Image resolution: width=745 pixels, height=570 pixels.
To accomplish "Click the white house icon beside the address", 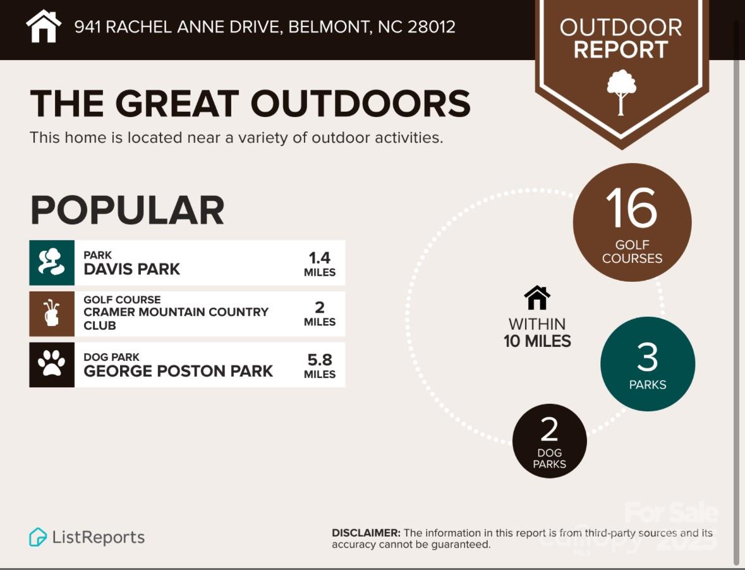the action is pyautogui.click(x=44, y=27).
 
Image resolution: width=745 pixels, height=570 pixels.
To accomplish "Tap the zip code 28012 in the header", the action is pyautogui.click(x=432, y=27).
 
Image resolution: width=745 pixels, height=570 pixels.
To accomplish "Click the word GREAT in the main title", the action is pyautogui.click(x=177, y=104).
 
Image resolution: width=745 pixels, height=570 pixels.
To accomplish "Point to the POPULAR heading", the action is pyautogui.click(x=128, y=210).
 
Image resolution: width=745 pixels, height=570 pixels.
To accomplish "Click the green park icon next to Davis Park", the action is pyautogui.click(x=52, y=263).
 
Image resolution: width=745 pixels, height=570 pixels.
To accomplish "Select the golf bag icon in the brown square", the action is pyautogui.click(x=52, y=314).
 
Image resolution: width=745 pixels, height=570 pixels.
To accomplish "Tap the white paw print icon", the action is pyautogui.click(x=52, y=365).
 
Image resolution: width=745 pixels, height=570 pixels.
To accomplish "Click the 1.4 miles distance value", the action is pyautogui.click(x=320, y=264).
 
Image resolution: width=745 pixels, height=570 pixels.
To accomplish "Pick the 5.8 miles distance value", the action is pyautogui.click(x=320, y=366).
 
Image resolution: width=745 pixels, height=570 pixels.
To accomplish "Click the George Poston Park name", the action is pyautogui.click(x=178, y=371).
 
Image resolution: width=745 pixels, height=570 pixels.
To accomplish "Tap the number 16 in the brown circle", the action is pyautogui.click(x=631, y=207).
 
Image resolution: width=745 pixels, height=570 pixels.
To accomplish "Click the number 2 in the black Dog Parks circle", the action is pyautogui.click(x=549, y=430).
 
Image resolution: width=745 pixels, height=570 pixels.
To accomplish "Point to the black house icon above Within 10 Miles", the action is pyautogui.click(x=537, y=298).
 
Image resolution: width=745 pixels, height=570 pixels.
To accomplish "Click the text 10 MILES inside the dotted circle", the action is pyautogui.click(x=537, y=341).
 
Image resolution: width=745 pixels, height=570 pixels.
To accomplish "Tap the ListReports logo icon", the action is pyautogui.click(x=37, y=537).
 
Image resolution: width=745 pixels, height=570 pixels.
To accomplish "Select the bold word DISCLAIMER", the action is pyautogui.click(x=366, y=533).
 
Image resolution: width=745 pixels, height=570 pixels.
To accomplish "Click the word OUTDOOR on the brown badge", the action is pyautogui.click(x=621, y=28).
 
